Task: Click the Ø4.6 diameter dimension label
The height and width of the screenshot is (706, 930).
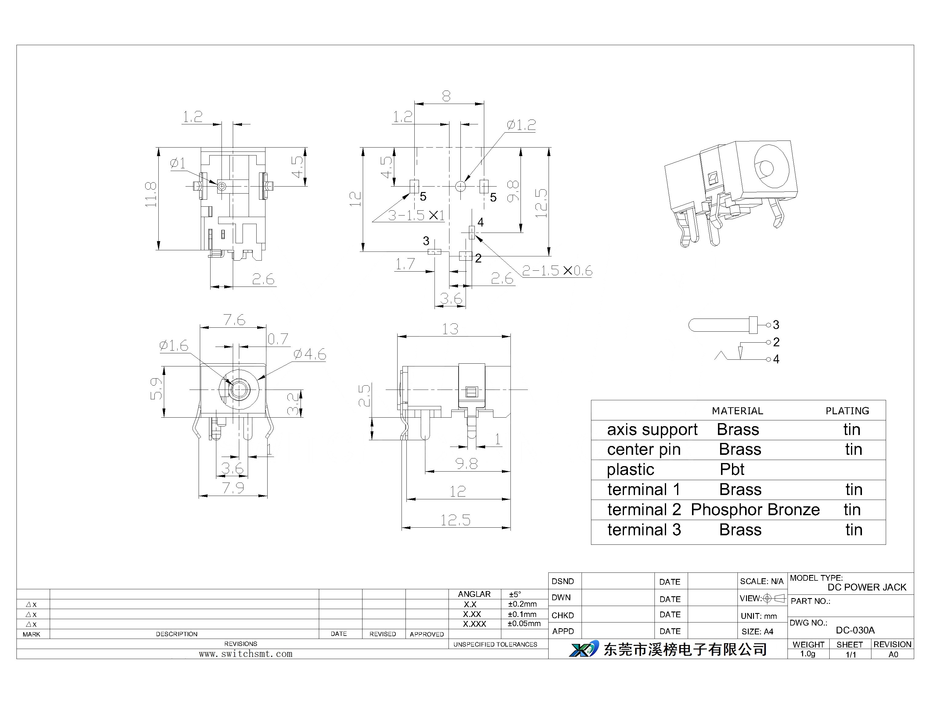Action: pyautogui.click(x=310, y=354)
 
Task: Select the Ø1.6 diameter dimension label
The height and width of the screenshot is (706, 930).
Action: pyautogui.click(x=174, y=345)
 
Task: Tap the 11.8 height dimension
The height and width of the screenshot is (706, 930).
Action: pyautogui.click(x=151, y=194)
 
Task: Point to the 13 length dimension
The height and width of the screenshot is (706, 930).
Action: pyautogui.click(x=450, y=329)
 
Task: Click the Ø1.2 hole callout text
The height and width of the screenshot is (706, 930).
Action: pyautogui.click(x=521, y=125)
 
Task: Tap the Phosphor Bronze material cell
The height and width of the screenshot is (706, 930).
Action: pyautogui.click(x=755, y=510)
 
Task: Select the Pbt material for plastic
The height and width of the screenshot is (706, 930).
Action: pyautogui.click(x=732, y=469)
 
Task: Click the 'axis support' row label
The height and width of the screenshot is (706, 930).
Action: pyautogui.click(x=652, y=430)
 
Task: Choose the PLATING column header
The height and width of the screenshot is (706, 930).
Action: pyautogui.click(x=847, y=411)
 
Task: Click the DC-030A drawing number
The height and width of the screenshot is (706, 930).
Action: pyautogui.click(x=855, y=630)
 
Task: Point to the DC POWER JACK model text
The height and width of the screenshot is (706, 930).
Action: pyautogui.click(x=867, y=587)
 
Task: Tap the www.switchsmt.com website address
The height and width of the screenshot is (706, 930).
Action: pyautogui.click(x=246, y=654)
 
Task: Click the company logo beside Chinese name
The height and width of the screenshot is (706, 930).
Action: pyautogui.click(x=584, y=649)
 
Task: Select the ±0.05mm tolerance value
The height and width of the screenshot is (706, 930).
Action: pyautogui.click(x=524, y=624)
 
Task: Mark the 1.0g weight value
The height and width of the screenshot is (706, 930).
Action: pyautogui.click(x=808, y=654)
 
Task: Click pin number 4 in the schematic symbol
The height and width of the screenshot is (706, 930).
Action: pyautogui.click(x=776, y=359)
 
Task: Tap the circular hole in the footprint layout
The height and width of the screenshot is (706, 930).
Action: pyautogui.click(x=461, y=186)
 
